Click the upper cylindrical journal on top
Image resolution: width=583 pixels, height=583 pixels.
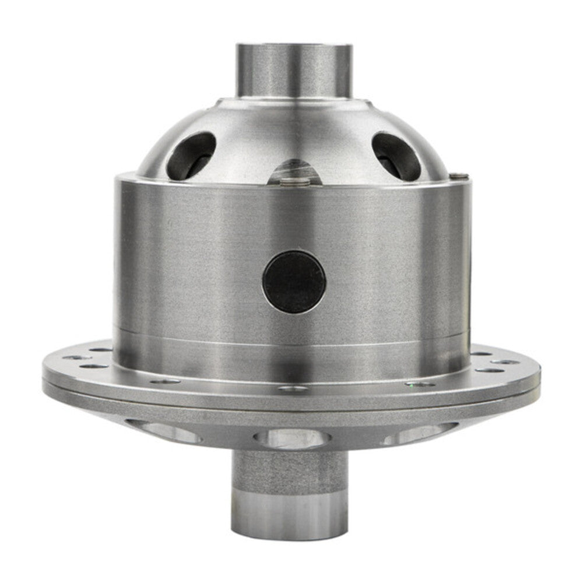tap(294, 70)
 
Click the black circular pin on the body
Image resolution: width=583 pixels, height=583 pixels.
tap(294, 282)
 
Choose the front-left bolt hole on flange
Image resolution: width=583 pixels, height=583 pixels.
tap(166, 382)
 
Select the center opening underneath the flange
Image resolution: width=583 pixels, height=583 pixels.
tap(293, 438)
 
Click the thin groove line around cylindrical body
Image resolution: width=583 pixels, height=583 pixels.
tap(291, 338)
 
